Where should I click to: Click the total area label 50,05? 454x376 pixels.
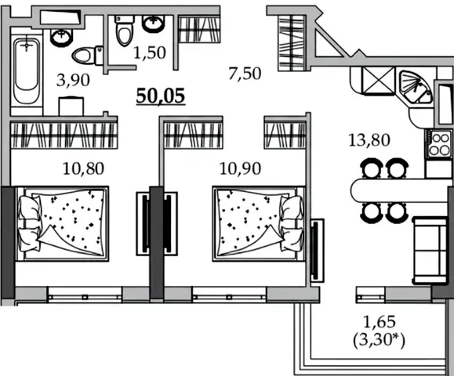pos(161,96)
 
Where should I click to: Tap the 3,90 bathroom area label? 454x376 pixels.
pos(73,80)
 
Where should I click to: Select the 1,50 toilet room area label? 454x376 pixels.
pos(150,52)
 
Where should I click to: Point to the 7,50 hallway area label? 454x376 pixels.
pos(245,74)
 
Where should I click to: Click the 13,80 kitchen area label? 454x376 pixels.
pos(369,140)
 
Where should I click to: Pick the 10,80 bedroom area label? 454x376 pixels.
pos(83,168)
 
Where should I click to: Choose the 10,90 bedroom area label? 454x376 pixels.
pos(240,168)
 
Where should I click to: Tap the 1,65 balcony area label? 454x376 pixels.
pos(379,322)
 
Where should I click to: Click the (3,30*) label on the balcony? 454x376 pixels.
pos(379,340)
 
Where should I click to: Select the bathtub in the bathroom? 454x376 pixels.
pos(27,71)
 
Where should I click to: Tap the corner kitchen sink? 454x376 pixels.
pos(415,87)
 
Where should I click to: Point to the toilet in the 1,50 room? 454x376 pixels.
pos(124,31)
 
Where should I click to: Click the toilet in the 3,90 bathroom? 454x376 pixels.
pos(88,56)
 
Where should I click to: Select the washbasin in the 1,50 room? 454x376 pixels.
pos(153,23)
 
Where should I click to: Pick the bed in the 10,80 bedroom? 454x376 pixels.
pos(62,224)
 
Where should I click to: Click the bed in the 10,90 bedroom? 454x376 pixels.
pos(259,224)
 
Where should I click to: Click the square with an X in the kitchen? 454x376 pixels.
pos(379,81)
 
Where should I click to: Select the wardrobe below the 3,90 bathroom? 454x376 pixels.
pos(64,135)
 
